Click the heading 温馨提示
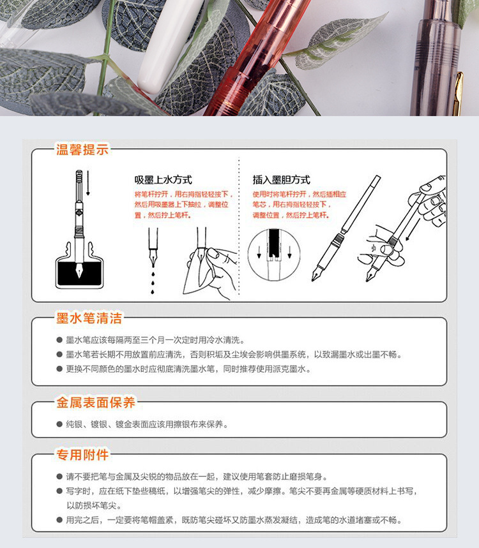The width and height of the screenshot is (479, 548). pyautogui.click(x=82, y=149)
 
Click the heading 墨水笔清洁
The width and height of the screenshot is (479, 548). pyautogui.click(x=89, y=318)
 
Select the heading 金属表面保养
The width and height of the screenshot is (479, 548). pyautogui.click(x=96, y=403)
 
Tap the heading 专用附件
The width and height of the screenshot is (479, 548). pyautogui.click(x=82, y=455)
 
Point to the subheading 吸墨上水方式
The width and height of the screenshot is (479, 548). pyautogui.click(x=163, y=180)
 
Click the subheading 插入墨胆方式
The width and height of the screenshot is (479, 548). pyautogui.click(x=282, y=180)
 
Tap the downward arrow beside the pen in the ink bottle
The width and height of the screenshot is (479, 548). pyautogui.click(x=88, y=183)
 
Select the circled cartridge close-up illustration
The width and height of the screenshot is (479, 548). pyautogui.click(x=274, y=255)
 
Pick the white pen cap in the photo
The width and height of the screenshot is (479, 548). pyautogui.click(x=169, y=45)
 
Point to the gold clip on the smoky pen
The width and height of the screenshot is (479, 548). pyautogui.click(x=459, y=94)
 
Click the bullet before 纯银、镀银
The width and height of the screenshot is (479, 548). pyautogui.click(x=59, y=424)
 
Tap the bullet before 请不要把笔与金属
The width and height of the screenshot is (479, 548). pyautogui.click(x=59, y=477)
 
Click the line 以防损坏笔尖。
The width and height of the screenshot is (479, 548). pyautogui.click(x=94, y=506)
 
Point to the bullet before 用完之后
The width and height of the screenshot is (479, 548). pyautogui.click(x=59, y=520)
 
